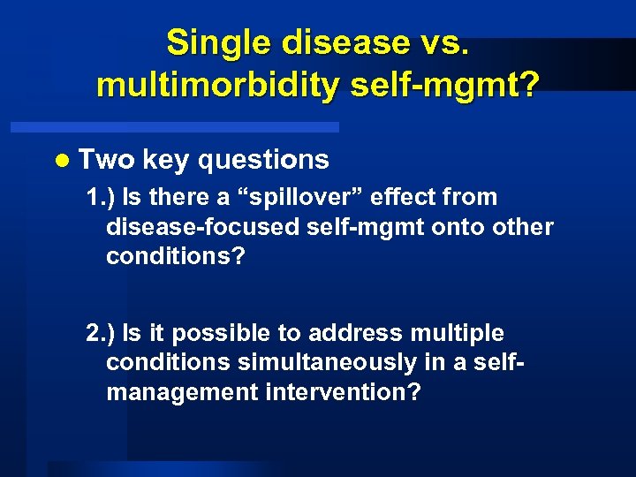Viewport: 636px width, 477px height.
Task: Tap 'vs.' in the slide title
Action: pyautogui.click(x=442, y=42)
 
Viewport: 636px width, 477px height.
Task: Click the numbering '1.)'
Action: pyautogui.click(x=102, y=197)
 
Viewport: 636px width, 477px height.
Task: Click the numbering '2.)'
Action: pyautogui.click(x=102, y=333)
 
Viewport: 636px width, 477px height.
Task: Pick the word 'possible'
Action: pyautogui.click(x=210, y=334)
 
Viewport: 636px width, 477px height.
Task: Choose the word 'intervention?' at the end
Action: pyautogui.click(x=343, y=391)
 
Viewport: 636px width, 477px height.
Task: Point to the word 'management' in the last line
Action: pyautogui.click(x=182, y=392)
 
